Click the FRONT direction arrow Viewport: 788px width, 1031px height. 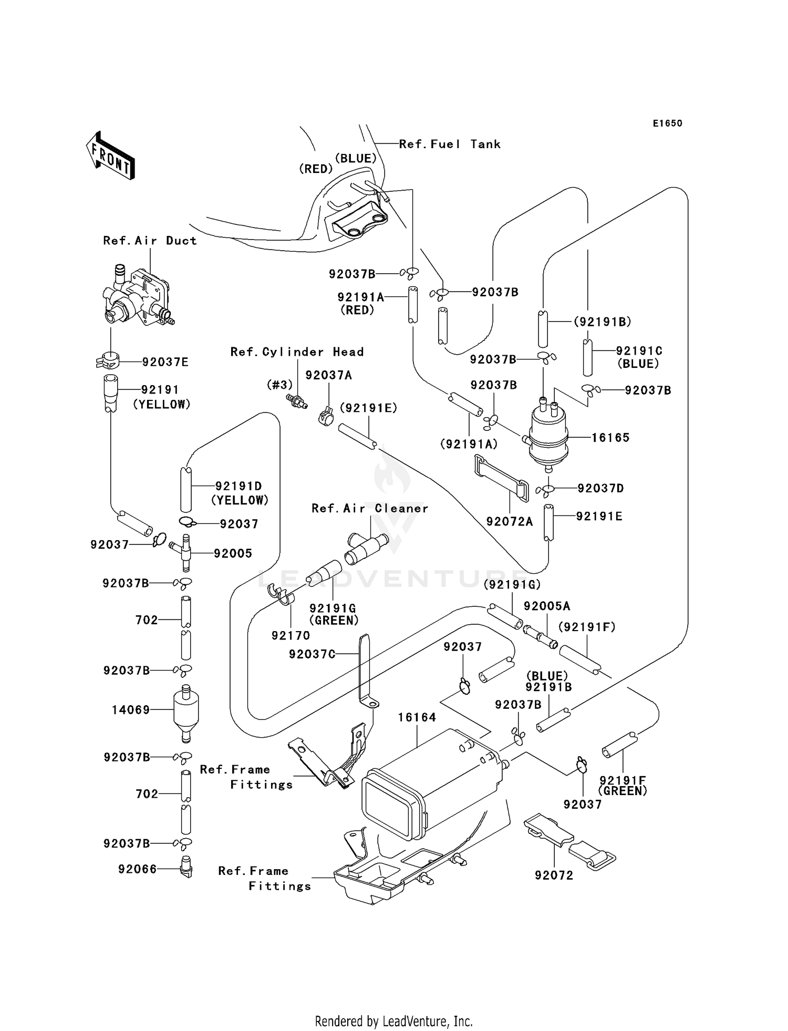[x=111, y=156]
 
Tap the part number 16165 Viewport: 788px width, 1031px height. [x=610, y=437]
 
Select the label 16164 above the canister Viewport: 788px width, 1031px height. [x=417, y=717]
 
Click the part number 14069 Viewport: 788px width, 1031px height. [x=131, y=710]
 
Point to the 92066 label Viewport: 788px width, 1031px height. [x=138, y=869]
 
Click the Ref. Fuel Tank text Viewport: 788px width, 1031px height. [x=450, y=144]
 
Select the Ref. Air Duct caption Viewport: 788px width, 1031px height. [x=150, y=241]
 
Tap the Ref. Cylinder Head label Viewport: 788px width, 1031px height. [x=297, y=352]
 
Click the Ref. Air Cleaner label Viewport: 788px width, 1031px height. [x=370, y=508]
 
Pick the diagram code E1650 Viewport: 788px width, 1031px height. [x=667, y=123]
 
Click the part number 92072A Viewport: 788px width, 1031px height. [x=509, y=521]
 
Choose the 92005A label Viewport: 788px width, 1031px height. [x=546, y=606]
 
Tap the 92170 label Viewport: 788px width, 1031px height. [x=291, y=635]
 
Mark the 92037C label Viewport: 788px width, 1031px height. [x=312, y=654]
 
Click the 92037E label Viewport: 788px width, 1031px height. [x=165, y=362]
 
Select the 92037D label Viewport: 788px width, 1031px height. [x=600, y=488]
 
